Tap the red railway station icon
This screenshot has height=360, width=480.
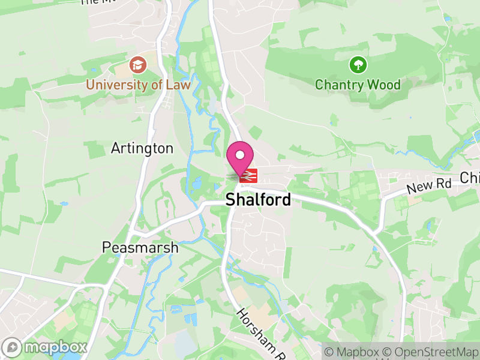pyautogui.click(x=248, y=175)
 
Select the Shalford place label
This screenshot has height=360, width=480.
pyautogui.click(x=258, y=200)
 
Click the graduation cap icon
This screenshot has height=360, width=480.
pyautogui.click(x=137, y=64)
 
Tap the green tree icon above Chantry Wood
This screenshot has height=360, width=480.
pyautogui.click(x=358, y=64)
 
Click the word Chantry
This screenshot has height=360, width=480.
pyautogui.click(x=337, y=85)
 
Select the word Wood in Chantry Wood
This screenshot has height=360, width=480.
pyautogui.click(x=384, y=85)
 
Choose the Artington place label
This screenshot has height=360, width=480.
pyautogui.click(x=142, y=148)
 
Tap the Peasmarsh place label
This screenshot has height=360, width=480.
pyautogui.click(x=140, y=247)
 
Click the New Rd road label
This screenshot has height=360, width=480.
pyautogui.click(x=428, y=186)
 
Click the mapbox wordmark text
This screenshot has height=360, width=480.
pyautogui.click(x=55, y=347)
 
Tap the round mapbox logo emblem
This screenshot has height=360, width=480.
pyautogui.click(x=12, y=347)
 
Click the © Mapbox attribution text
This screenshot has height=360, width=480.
pyautogui.click(x=353, y=352)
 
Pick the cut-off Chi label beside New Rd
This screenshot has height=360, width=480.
pyautogui.click(x=470, y=178)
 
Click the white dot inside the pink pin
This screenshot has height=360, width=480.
pyautogui.click(x=240, y=155)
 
